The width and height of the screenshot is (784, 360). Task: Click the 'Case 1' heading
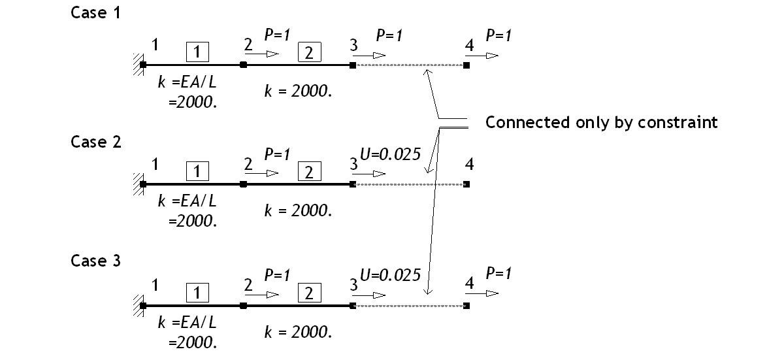(x=95, y=13)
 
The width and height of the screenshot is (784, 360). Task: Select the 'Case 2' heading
(x=95, y=142)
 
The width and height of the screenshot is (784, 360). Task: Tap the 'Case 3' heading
(x=95, y=261)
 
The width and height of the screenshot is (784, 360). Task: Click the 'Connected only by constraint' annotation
(x=601, y=123)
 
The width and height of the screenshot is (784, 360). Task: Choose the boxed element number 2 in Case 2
(x=309, y=171)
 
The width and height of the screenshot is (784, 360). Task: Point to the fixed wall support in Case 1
(x=137, y=65)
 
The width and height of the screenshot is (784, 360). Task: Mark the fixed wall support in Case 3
(x=137, y=305)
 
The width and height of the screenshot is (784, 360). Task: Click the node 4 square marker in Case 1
(x=466, y=65)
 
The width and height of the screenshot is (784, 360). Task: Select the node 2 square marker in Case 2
(x=243, y=184)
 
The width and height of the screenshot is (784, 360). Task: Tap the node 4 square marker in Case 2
(x=466, y=184)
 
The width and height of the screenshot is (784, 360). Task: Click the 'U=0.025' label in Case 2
(x=390, y=155)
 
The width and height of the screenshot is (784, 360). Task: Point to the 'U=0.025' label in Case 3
(x=390, y=275)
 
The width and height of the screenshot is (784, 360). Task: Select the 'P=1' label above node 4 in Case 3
(x=498, y=273)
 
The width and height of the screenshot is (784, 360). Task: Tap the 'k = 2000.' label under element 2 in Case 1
(x=299, y=91)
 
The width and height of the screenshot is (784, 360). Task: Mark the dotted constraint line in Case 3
(x=408, y=305)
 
